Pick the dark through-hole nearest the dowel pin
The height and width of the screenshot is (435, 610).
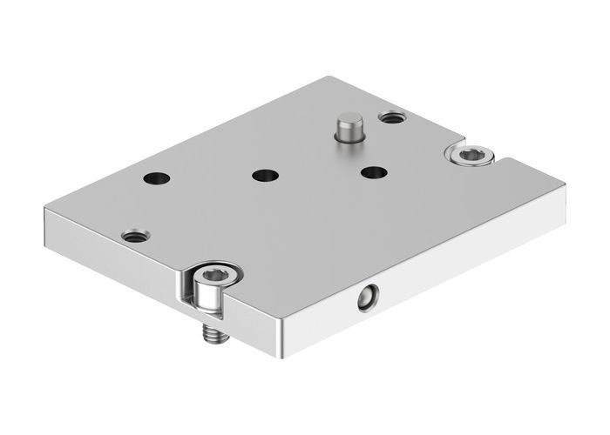pyautogui.click(x=373, y=171)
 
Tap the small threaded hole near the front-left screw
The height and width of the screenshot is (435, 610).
pyautogui.click(x=135, y=235)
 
